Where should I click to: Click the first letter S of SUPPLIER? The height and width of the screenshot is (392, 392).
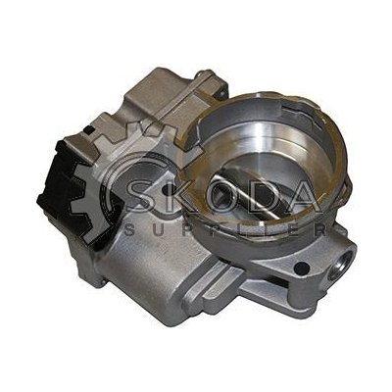pyautogui.click(x=129, y=230)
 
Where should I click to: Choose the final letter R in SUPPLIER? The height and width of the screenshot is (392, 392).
pyautogui.click(x=321, y=230)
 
